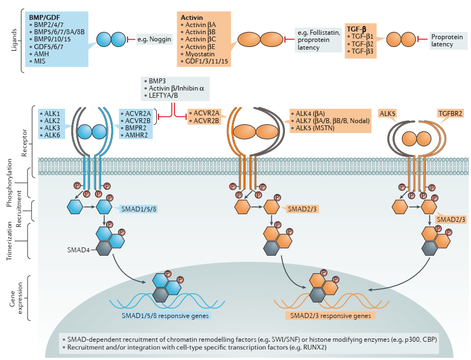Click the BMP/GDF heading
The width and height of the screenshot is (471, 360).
tap(45, 18)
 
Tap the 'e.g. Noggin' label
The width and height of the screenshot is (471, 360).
tap(155, 39)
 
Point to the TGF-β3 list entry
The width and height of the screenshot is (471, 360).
tap(361, 51)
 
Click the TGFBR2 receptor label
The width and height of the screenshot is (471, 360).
tap(450, 114)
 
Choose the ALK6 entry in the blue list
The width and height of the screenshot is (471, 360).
tap(50, 135)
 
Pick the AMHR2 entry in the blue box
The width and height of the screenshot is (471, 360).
tap(134, 135)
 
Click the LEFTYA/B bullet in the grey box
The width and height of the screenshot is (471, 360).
tap(161, 96)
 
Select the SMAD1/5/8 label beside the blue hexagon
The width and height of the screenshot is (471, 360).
tap(139, 209)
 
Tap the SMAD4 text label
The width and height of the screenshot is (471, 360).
tap(78, 250)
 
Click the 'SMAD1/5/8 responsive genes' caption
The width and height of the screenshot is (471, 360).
tap(165, 316)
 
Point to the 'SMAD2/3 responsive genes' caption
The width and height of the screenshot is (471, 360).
tap(330, 316)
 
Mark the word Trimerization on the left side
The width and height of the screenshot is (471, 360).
tap(9, 241)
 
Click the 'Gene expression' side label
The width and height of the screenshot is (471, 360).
tap(16, 298)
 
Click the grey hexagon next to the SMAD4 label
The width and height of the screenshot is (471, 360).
tap(104, 248)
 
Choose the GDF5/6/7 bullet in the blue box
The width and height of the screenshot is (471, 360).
tap(46, 47)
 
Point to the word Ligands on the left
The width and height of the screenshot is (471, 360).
tap(14, 40)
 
